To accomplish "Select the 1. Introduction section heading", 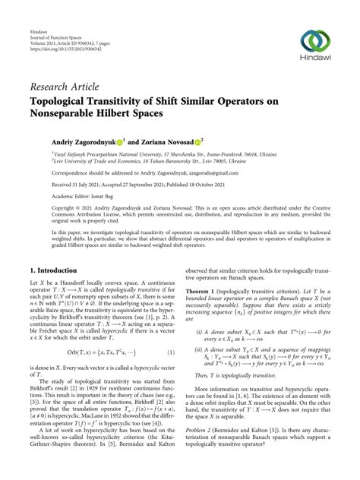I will coord(58,270).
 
